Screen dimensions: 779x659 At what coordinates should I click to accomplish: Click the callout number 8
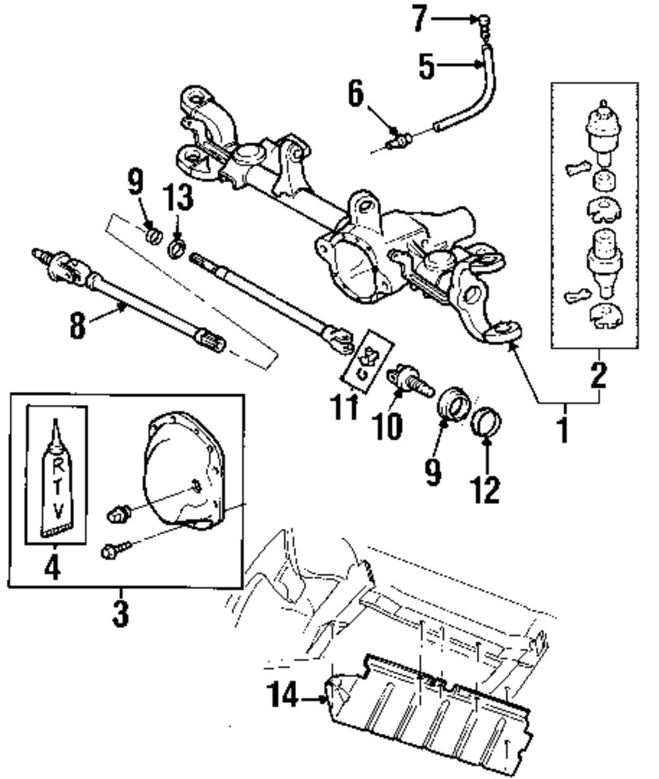[x=76, y=325]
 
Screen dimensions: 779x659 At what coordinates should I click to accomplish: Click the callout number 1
[x=563, y=428]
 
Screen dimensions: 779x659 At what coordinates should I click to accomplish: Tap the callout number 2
[x=597, y=375]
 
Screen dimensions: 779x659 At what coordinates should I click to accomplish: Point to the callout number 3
[x=119, y=612]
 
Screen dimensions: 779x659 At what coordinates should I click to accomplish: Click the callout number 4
[x=52, y=566]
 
